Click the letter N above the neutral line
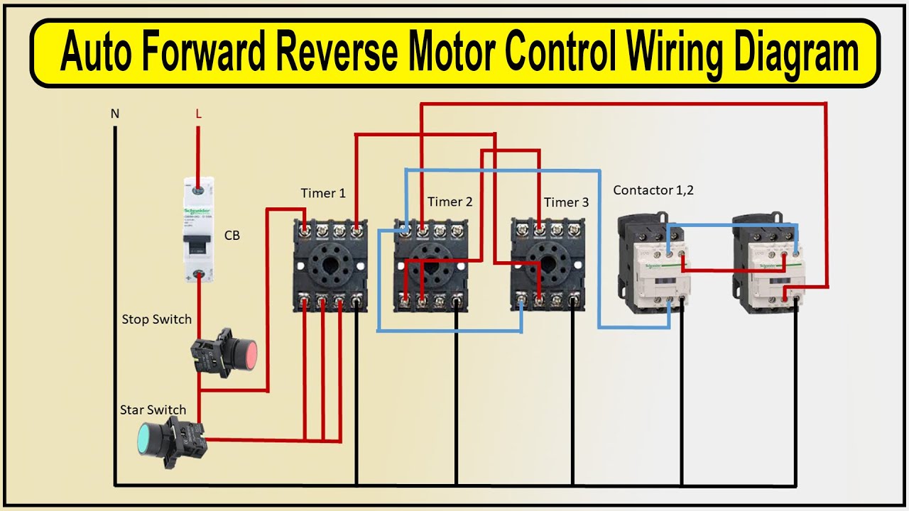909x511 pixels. (x=114, y=113)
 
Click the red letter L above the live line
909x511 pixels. (x=198, y=113)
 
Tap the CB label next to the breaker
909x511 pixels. (x=232, y=236)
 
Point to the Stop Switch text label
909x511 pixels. (x=156, y=319)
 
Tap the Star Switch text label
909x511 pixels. (x=153, y=410)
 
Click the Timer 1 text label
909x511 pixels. (x=323, y=193)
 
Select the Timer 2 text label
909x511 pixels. (x=450, y=202)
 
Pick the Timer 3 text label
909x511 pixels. (x=566, y=202)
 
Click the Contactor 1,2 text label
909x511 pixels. (x=653, y=190)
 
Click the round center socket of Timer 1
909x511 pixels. (x=331, y=266)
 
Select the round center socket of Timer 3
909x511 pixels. (x=548, y=266)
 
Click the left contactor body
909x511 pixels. (x=653, y=266)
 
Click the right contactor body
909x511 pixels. (x=768, y=266)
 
